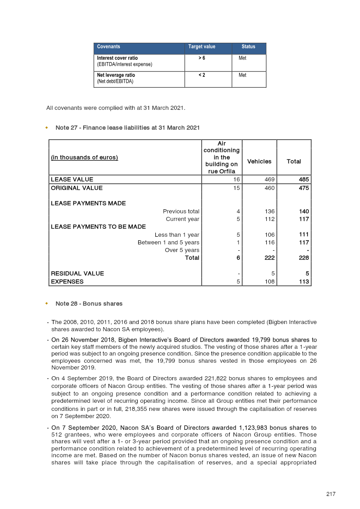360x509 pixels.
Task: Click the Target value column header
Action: [x=202, y=47]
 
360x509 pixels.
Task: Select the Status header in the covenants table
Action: [x=248, y=47]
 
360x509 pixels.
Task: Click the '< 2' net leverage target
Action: [x=202, y=75]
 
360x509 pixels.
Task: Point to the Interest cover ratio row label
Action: [x=117, y=59]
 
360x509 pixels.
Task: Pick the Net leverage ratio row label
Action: [x=116, y=75]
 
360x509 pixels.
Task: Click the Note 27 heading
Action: [x=127, y=128]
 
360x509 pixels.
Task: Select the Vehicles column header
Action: [x=259, y=162]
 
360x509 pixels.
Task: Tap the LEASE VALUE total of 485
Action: [x=304, y=180]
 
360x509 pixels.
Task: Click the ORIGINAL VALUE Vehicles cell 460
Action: [x=269, y=188]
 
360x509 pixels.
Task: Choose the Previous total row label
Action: [x=181, y=212]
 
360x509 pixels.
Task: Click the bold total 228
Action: [x=304, y=258]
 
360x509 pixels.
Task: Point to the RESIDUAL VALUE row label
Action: [x=77, y=274]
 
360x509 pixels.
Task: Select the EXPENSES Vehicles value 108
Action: [x=269, y=282]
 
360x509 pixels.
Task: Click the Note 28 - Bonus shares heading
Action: [x=89, y=304]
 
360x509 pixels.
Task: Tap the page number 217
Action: [x=331, y=494]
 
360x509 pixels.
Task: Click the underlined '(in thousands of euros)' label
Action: [x=84, y=158]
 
